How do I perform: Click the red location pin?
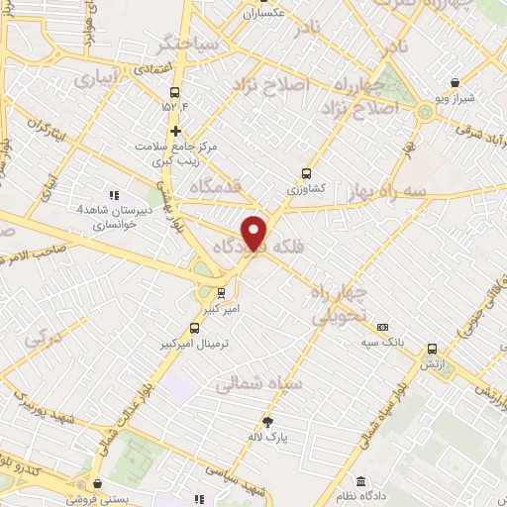pos(255,233)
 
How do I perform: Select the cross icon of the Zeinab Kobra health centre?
pos(175,131)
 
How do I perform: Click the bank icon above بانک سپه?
pos(383,328)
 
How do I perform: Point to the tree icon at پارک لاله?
pos(266,421)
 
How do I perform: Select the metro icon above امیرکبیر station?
pos(221,293)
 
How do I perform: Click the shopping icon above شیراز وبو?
pos(454,83)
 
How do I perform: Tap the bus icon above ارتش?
pos(432,349)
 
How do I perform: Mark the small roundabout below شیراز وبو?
pos(427,111)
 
